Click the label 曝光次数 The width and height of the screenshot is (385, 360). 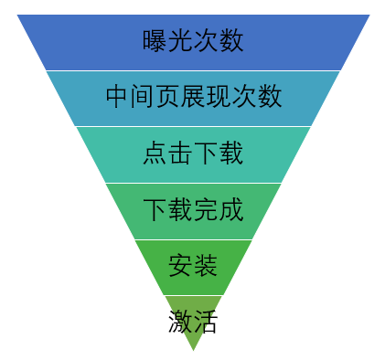(193, 41)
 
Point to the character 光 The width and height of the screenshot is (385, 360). (180, 41)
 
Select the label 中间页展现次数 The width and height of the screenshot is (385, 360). (193, 97)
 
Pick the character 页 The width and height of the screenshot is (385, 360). (168, 97)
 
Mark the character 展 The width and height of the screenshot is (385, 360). (193, 97)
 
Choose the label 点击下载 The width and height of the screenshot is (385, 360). (193, 154)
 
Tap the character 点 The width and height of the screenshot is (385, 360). (155, 154)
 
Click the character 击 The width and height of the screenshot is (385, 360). (180, 154)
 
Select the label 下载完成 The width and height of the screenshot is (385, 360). (193, 210)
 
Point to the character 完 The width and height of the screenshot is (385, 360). (206, 210)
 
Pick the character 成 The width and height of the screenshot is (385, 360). (230, 210)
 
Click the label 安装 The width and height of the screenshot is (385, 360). (193, 267)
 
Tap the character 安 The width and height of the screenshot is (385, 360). (180, 267)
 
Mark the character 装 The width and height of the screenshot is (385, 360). (206, 267)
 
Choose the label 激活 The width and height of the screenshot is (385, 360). (193, 322)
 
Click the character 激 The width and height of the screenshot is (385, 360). (180, 322)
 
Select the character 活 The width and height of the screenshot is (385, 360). (206, 322)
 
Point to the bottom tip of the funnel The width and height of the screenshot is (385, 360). (193, 349)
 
